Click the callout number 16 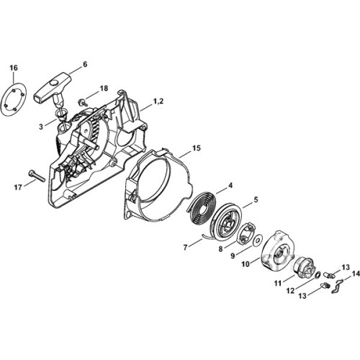click(14, 68)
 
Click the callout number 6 click(85, 64)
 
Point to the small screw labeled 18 click(81, 102)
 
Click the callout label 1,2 click(158, 102)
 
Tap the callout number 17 click(18, 187)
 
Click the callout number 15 click(196, 148)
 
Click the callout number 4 click(230, 186)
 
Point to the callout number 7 click(185, 248)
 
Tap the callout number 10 click(246, 264)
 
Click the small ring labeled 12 click(318, 275)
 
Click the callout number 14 click(356, 274)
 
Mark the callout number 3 click(41, 127)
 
